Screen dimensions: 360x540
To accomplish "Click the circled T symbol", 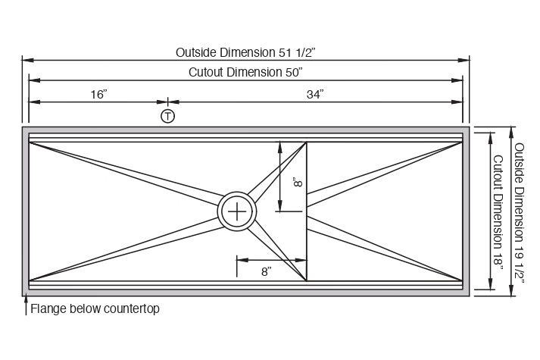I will coord(167,116).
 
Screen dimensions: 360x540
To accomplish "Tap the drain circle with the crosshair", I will coord(238,211).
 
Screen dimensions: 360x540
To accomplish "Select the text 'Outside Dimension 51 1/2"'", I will coord(245,52).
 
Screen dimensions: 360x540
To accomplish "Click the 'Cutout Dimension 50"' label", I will coord(245,72).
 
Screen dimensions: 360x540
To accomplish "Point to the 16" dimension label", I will coord(98,94).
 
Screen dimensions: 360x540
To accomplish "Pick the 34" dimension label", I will coord(315,94).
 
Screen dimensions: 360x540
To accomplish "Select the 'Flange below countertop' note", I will coord(95,309).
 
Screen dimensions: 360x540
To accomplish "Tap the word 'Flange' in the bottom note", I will coord(46,309).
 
